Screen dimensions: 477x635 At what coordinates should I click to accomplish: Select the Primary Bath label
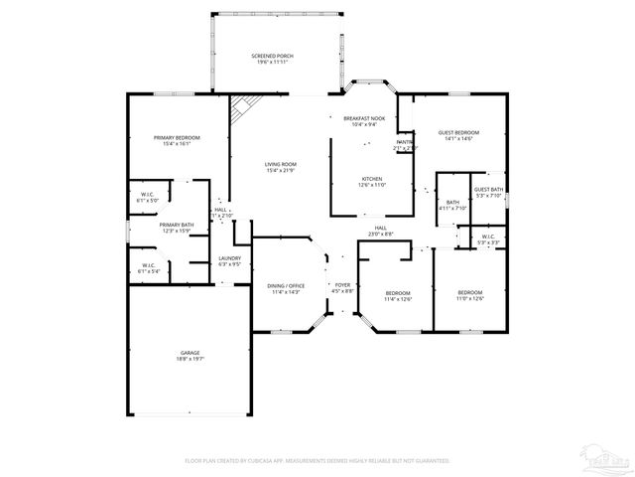point(177,228)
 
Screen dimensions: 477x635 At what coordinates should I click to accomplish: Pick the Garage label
point(190,353)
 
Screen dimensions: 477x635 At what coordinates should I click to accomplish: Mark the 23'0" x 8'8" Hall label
point(381,231)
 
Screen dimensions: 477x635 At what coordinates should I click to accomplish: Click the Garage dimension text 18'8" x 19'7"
point(190,359)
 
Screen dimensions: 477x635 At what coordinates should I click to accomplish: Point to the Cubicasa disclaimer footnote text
point(317,461)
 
